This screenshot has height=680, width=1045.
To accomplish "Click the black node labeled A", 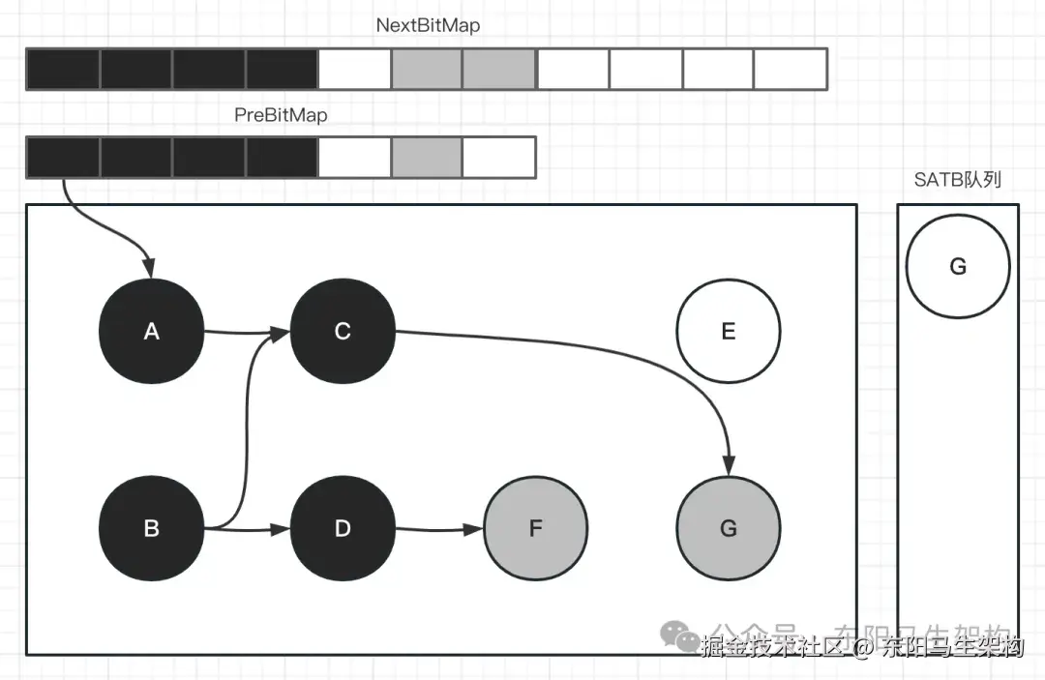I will [151, 331].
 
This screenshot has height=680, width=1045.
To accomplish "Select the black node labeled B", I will [151, 528].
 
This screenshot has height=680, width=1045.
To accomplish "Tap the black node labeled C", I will [342, 331].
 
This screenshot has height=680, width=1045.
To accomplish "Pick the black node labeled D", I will [342, 528].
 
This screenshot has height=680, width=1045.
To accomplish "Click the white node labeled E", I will [728, 331].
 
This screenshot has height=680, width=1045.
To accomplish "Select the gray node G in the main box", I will [728, 528].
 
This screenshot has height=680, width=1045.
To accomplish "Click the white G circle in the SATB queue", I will [957, 266].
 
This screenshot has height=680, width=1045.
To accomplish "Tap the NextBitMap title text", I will [428, 26].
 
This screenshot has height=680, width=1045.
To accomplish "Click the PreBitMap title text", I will [281, 115].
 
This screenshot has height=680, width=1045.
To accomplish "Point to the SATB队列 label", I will [957, 180].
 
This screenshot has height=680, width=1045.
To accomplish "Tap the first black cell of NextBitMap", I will [63, 69].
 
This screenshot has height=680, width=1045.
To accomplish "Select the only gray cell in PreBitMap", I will [427, 158].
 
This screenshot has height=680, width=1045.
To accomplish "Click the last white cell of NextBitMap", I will [791, 69].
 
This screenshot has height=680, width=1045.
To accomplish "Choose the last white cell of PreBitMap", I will [499, 158].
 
